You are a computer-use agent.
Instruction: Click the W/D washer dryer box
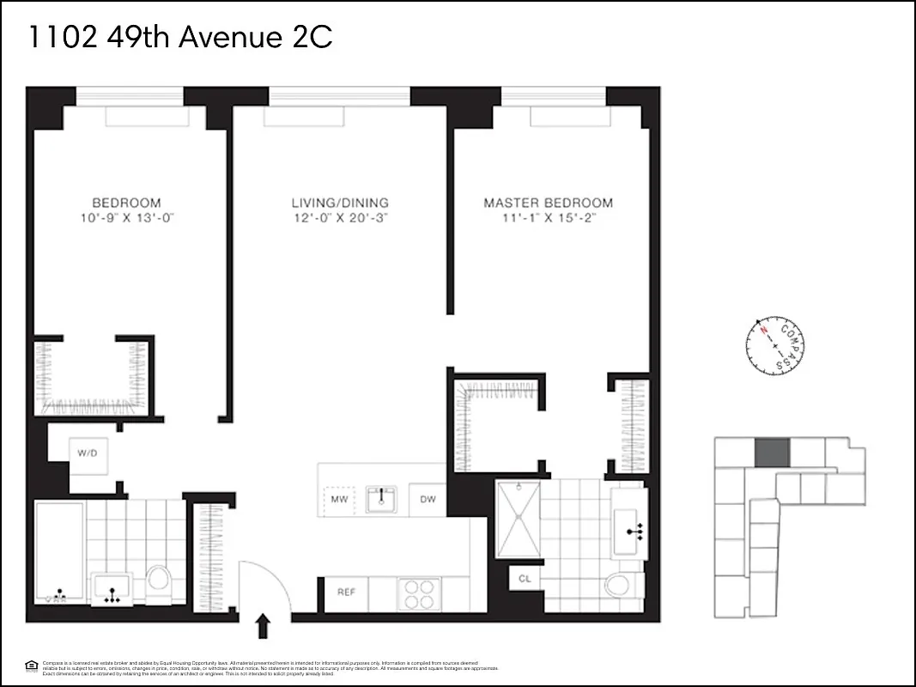[x=87, y=452]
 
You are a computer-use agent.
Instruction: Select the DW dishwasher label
[x=427, y=499]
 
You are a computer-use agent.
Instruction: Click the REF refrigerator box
[x=346, y=593]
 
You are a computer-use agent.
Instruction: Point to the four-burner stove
[x=418, y=593]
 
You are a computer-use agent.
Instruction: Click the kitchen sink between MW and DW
[x=381, y=498]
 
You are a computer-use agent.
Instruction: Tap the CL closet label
[x=525, y=580]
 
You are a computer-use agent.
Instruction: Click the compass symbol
[x=775, y=346]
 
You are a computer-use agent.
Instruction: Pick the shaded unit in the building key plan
[x=770, y=452]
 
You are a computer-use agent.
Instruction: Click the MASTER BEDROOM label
[x=548, y=203]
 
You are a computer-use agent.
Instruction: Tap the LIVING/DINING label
[x=339, y=203]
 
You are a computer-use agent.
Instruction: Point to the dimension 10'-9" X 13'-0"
[x=126, y=218]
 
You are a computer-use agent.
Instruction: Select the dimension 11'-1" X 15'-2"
[x=548, y=218]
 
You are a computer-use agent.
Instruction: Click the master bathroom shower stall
[x=519, y=519]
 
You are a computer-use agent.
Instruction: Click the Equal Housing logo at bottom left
[x=31, y=665]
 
